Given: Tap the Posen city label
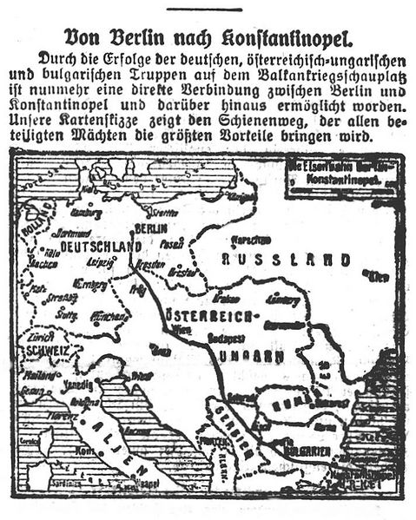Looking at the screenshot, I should (175, 244).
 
